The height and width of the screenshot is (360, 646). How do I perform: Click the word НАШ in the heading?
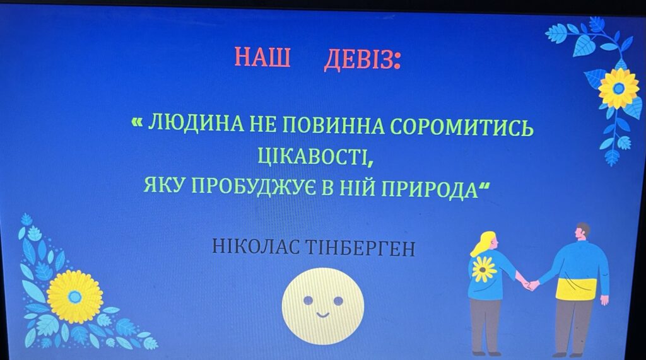tap(262, 57)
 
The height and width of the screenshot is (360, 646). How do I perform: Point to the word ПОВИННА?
tap(333, 125)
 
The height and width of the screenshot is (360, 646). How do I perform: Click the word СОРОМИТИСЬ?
tap(462, 127)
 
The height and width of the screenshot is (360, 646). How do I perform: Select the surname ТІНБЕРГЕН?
tap(360, 248)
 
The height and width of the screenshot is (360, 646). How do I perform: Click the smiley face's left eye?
tap(308, 300)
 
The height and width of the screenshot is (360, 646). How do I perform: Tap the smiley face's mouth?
tap(322, 315)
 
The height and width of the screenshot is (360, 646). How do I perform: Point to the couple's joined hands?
tap(530, 284)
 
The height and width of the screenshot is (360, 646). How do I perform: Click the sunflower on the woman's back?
tap(484, 269)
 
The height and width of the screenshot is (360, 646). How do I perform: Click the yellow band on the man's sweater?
tap(576, 289)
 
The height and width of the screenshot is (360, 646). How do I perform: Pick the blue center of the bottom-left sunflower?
tap(74, 296)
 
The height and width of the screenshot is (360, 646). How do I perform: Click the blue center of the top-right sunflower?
tap(618, 88)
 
